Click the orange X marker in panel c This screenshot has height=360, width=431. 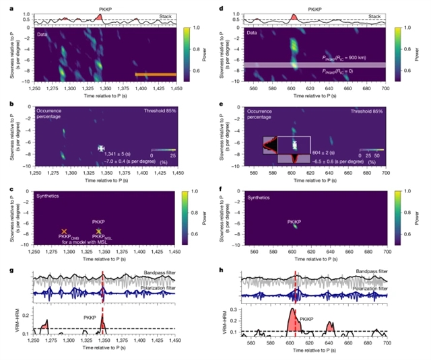click(64, 231)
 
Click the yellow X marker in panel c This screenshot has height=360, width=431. click(99, 231)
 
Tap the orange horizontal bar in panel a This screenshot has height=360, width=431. click(156, 75)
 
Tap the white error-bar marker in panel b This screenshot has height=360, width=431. click(101, 147)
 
